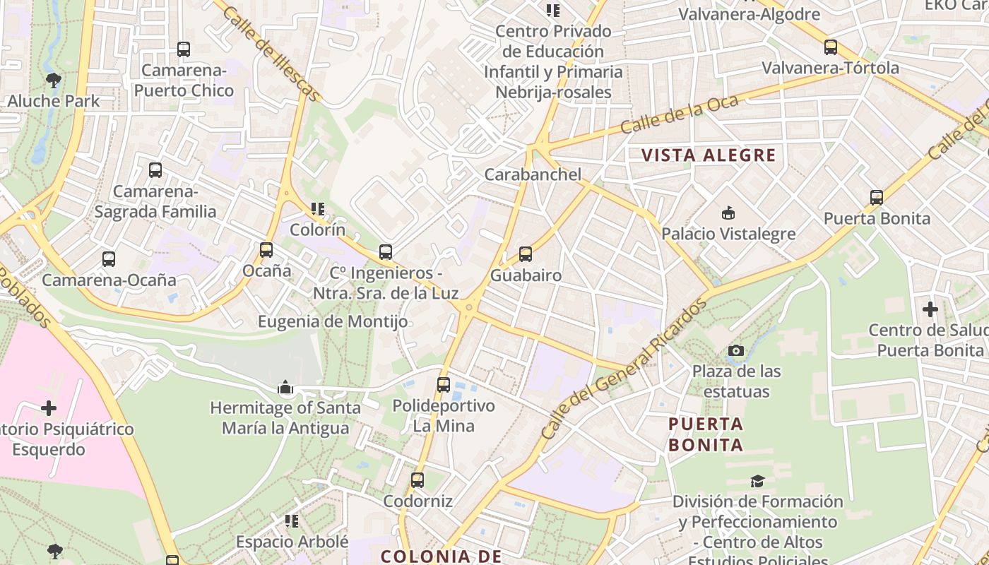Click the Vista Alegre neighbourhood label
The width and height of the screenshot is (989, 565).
(x=709, y=155)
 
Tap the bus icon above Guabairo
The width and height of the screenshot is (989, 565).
(x=525, y=254)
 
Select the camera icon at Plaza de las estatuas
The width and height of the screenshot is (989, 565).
(x=735, y=350)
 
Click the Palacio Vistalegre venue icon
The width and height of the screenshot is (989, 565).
(x=728, y=213)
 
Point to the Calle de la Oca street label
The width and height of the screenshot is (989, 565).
(x=680, y=114)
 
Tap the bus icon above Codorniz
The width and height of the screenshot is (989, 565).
(x=417, y=480)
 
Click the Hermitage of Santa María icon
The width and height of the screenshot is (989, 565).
(x=285, y=386)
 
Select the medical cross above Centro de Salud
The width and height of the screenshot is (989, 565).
(x=930, y=309)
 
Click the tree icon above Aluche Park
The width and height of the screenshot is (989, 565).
(x=53, y=80)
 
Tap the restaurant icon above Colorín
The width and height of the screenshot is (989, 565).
(x=318, y=209)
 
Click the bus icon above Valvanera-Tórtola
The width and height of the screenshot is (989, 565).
(x=831, y=47)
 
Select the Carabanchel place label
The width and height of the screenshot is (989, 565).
(x=533, y=174)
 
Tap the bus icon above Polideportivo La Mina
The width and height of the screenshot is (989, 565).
(x=443, y=385)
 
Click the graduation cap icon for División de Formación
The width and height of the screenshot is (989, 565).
(x=757, y=481)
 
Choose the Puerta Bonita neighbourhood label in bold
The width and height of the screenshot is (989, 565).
(x=706, y=434)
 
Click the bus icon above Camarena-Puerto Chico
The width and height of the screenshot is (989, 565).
(x=184, y=49)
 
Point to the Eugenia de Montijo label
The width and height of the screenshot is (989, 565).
(x=333, y=322)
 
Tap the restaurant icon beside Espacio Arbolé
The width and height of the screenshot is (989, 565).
(x=291, y=521)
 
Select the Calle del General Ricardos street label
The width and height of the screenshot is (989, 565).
(x=624, y=370)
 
